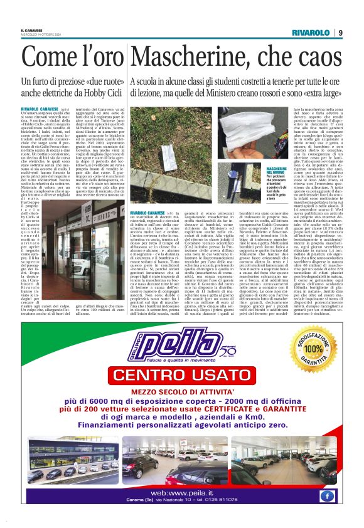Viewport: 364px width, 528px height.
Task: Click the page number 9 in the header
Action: pos(340,33)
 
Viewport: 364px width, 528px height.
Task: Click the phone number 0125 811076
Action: pos(233,505)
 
